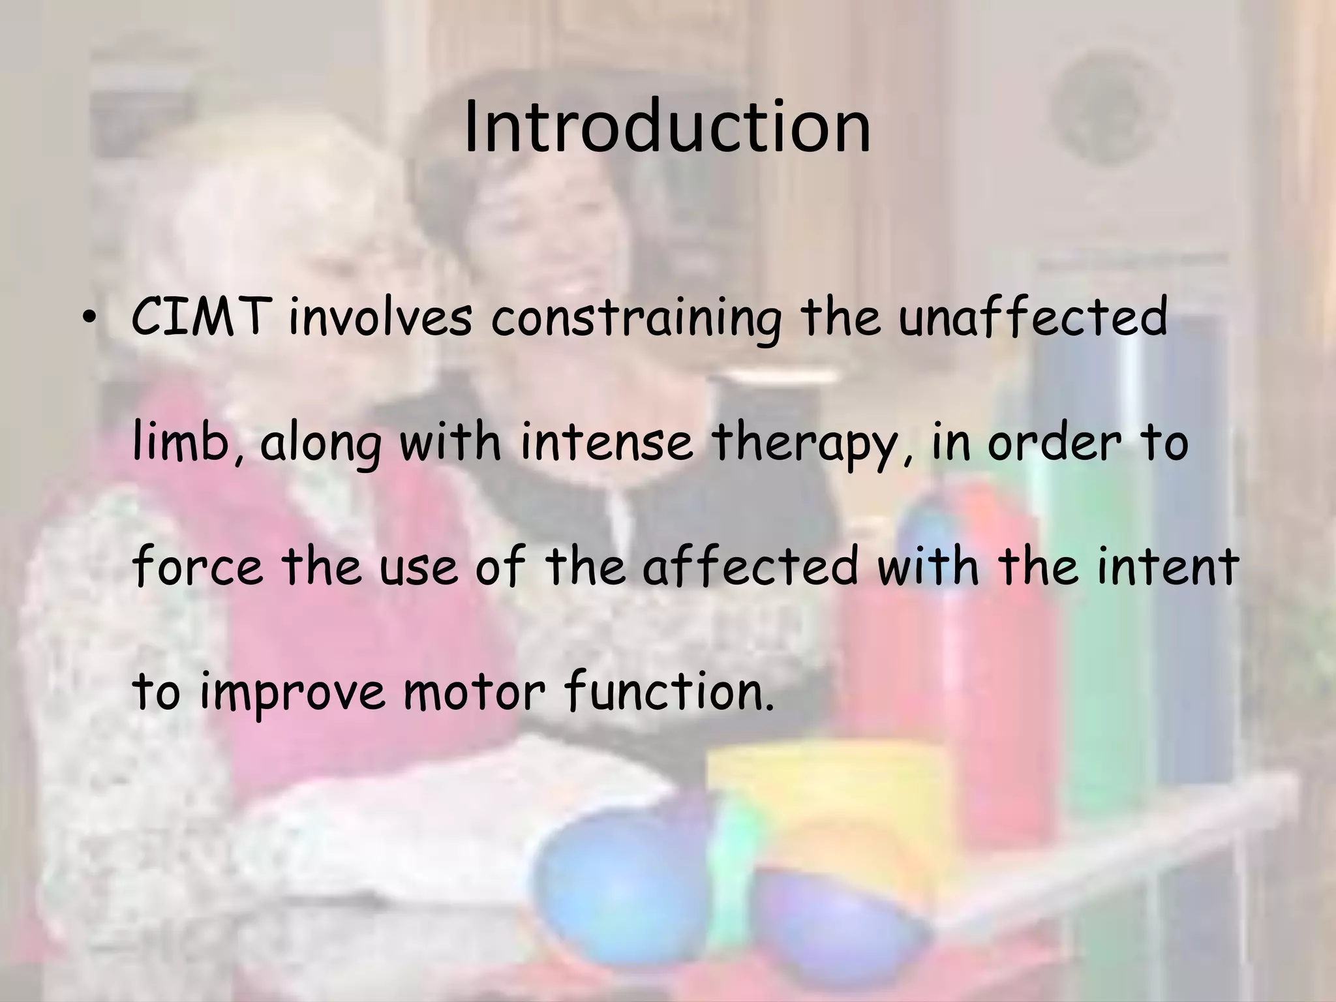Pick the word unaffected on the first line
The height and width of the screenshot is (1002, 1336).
coord(1032,316)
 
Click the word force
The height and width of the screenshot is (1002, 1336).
coord(198,566)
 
